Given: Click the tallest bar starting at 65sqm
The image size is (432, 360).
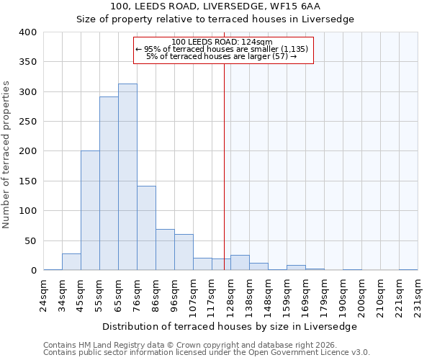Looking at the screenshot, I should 127,177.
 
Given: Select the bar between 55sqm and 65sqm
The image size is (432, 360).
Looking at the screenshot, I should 109,184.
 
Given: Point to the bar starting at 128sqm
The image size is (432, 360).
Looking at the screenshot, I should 240,263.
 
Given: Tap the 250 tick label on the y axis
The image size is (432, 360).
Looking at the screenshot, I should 27,122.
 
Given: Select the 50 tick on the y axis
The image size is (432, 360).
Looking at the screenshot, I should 30,240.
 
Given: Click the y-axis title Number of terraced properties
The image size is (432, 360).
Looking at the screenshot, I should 7,155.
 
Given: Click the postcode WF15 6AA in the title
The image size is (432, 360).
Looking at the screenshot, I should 289,6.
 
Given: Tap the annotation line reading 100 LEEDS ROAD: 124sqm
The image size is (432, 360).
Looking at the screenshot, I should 222,42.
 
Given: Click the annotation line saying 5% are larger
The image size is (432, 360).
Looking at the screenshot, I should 222,56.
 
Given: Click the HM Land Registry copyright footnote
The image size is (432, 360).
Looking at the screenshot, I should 174,345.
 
